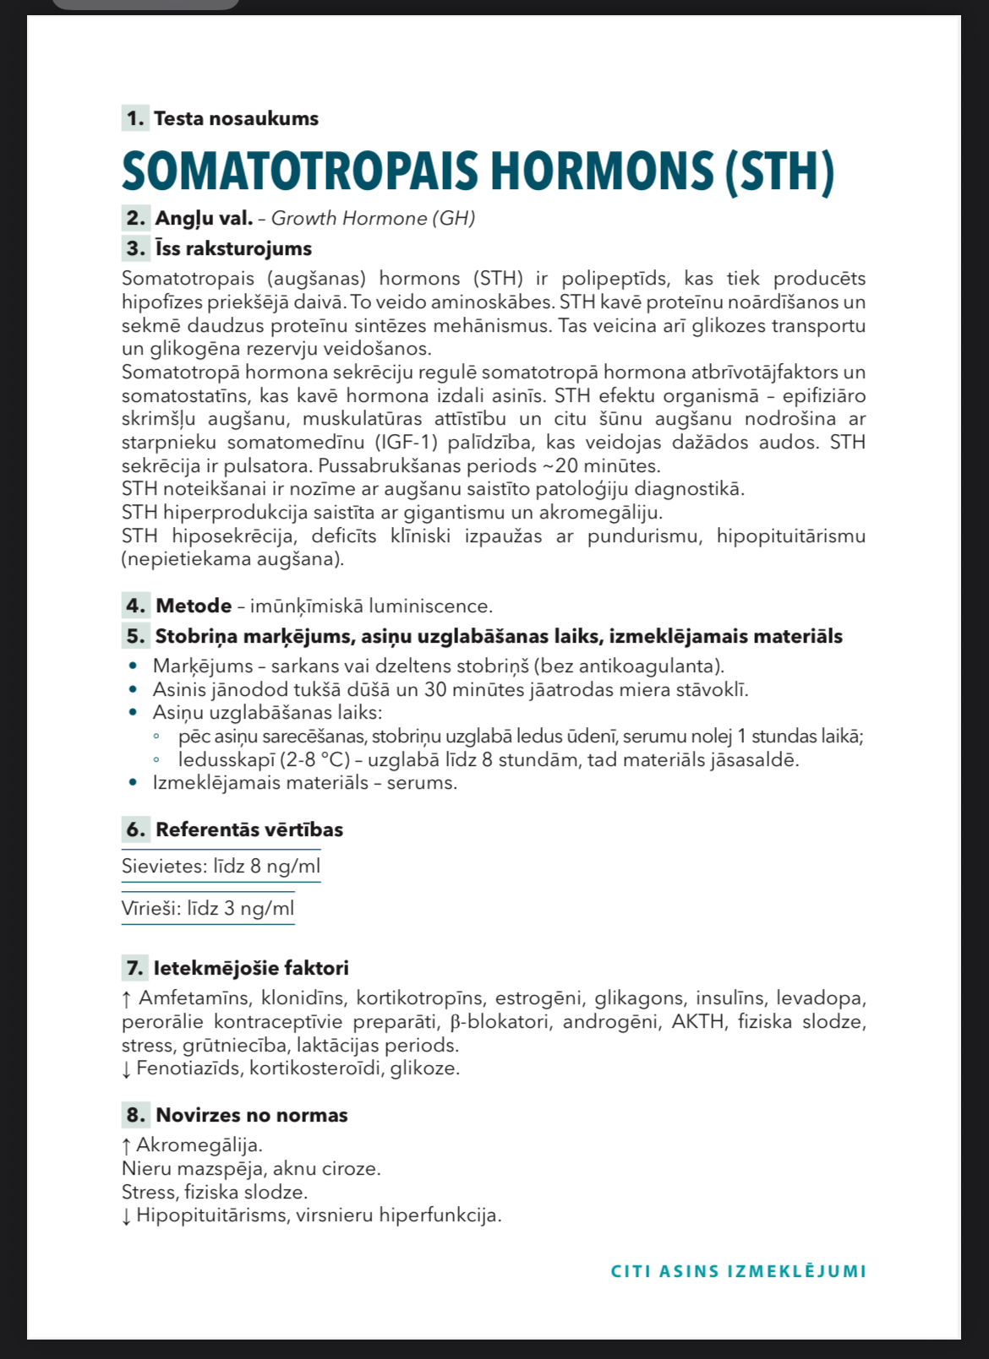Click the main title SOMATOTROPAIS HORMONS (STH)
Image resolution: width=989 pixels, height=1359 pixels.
(x=478, y=172)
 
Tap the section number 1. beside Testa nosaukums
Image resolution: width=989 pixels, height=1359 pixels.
(x=135, y=118)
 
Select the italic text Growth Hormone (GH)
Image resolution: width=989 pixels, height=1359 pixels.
(x=373, y=219)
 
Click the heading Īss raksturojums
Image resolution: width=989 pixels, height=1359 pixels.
(x=233, y=248)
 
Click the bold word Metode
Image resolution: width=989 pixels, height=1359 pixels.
(x=194, y=606)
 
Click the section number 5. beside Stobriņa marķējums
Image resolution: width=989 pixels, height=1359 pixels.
(x=135, y=636)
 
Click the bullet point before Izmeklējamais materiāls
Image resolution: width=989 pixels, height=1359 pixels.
(x=133, y=783)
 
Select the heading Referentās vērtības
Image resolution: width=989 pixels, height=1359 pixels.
(x=249, y=829)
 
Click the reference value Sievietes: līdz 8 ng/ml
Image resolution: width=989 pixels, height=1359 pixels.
(x=221, y=866)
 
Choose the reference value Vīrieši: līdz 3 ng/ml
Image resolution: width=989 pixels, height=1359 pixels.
(x=208, y=908)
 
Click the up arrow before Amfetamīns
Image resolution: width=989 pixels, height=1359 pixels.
(x=126, y=999)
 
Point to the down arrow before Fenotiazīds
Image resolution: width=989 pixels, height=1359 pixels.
(x=126, y=1069)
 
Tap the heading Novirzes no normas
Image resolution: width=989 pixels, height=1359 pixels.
(x=251, y=1115)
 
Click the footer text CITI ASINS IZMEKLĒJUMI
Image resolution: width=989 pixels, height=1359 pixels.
(x=738, y=1271)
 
